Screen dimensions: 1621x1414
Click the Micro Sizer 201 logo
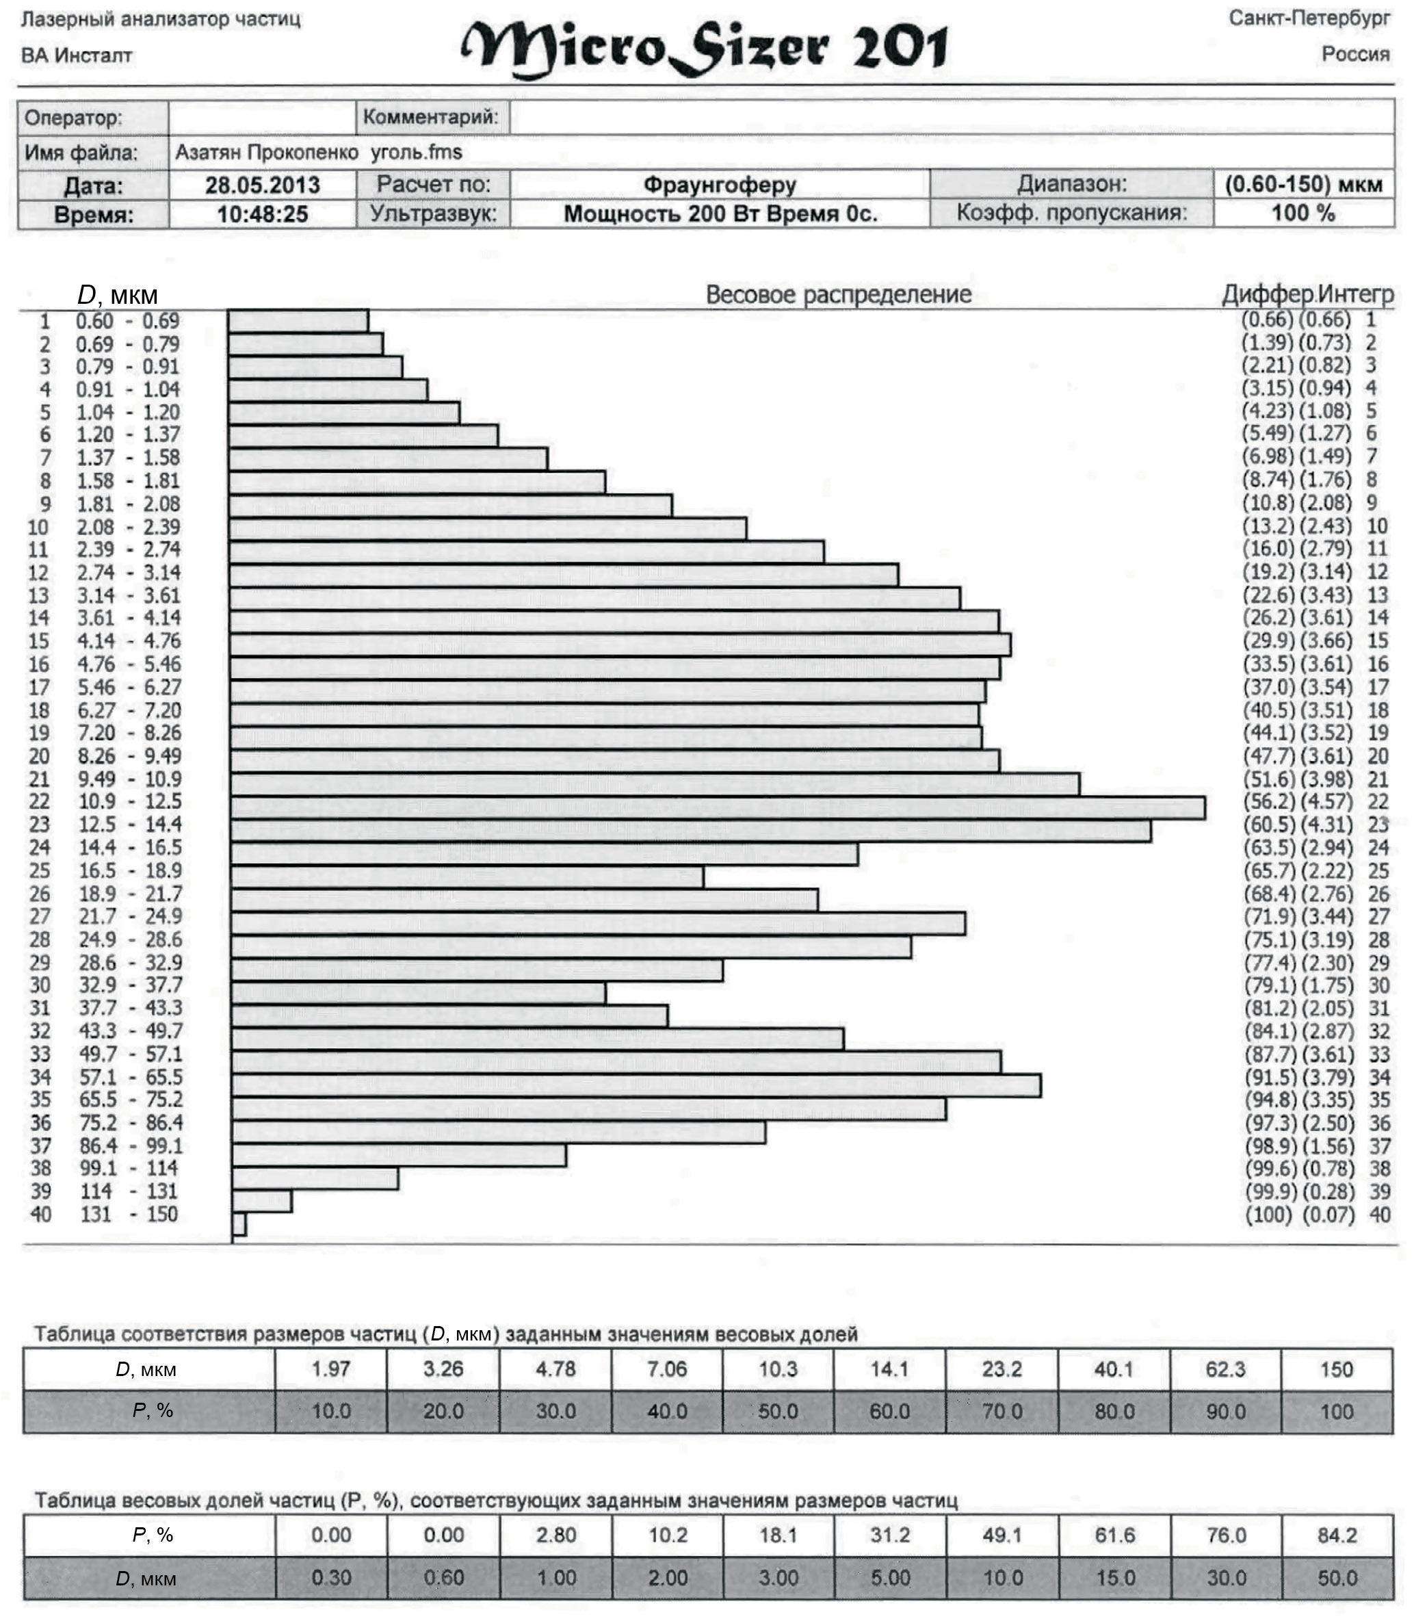point(704,47)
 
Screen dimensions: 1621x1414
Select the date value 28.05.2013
point(262,185)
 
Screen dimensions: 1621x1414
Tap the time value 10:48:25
point(262,214)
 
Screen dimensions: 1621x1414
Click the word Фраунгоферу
point(720,185)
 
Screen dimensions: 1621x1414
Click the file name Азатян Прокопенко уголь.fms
point(319,153)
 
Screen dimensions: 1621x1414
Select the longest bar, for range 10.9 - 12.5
point(716,809)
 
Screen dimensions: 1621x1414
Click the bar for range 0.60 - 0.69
point(298,321)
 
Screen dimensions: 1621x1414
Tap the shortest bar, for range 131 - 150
point(239,1224)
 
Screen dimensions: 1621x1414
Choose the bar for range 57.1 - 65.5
point(636,1086)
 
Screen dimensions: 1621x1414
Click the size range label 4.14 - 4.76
point(129,641)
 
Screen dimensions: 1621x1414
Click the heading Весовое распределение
point(838,294)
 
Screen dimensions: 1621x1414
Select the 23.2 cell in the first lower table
point(1001,1369)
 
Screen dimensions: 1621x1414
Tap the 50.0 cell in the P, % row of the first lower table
point(778,1411)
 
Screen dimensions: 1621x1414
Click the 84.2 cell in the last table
point(1337,1535)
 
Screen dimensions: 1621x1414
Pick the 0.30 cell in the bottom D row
point(330,1578)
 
